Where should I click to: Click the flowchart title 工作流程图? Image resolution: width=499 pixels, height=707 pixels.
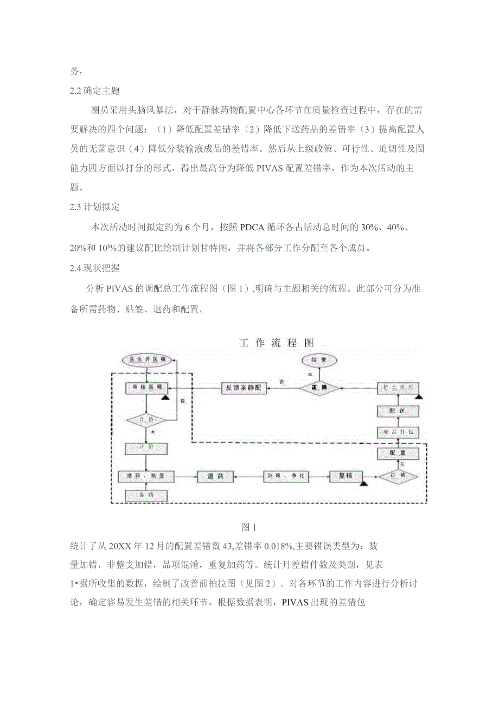tap(277, 343)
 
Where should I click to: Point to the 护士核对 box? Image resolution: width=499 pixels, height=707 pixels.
tap(398, 388)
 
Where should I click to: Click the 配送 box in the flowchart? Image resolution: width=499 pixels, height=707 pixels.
tap(398, 411)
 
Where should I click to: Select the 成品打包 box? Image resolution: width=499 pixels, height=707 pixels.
tap(398, 432)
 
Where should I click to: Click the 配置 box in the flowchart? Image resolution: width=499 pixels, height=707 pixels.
tap(398, 453)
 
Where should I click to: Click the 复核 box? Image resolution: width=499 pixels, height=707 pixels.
tap(346, 476)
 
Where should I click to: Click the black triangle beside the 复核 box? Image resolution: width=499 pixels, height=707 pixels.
tap(364, 482)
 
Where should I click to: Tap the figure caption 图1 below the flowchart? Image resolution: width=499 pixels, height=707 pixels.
tap(248, 527)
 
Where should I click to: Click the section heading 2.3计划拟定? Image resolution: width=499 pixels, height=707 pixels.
tap(95, 207)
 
